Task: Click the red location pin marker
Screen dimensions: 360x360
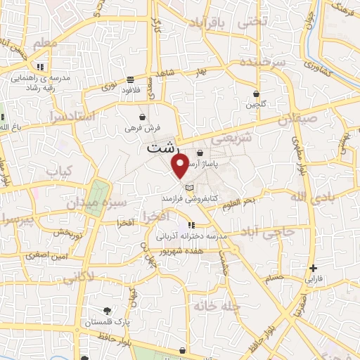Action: click(x=180, y=166)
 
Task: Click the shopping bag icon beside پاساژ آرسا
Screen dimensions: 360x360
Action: click(x=200, y=153)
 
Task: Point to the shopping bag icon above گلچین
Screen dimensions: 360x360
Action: click(x=256, y=94)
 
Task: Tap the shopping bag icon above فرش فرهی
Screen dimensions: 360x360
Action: click(x=143, y=117)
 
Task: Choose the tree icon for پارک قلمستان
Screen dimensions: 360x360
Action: click(x=106, y=310)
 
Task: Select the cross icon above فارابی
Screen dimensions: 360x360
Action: click(x=314, y=268)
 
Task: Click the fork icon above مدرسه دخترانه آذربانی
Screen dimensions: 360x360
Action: click(x=191, y=225)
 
